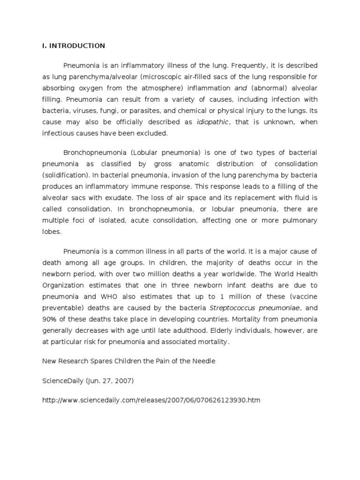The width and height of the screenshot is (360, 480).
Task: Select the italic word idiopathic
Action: pos(213,122)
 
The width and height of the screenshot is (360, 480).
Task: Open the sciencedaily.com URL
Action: pos(151,400)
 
